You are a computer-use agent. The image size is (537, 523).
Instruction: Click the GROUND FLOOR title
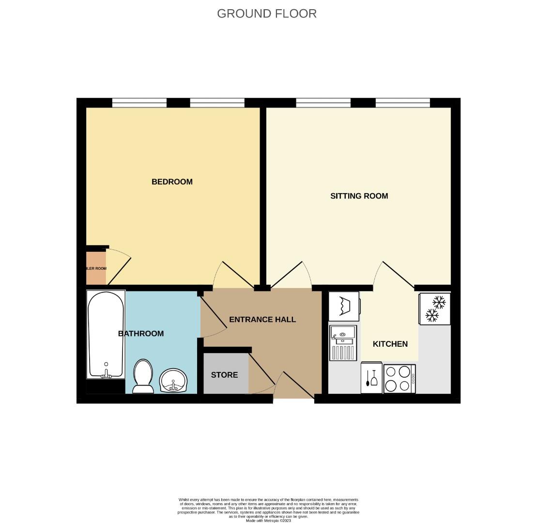(x=267, y=14)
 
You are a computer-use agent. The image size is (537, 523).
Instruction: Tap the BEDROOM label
(x=172, y=182)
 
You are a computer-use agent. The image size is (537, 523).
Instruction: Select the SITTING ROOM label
(x=359, y=196)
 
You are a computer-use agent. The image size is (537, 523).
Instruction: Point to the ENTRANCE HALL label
(x=262, y=320)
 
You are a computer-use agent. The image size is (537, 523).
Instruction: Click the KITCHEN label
(x=390, y=344)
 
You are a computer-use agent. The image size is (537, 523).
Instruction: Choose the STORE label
(x=224, y=375)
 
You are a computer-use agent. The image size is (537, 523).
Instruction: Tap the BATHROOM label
(x=141, y=334)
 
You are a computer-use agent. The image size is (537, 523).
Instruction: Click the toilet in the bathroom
(x=143, y=376)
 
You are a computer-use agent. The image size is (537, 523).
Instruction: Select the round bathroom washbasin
(x=173, y=380)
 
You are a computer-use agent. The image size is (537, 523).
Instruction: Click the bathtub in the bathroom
(x=106, y=334)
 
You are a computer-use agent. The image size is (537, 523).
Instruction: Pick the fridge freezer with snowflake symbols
(x=435, y=309)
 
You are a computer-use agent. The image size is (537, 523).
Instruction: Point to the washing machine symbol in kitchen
(x=344, y=306)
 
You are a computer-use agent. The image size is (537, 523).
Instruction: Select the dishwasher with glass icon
(x=371, y=378)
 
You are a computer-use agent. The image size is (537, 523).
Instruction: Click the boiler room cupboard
(x=96, y=268)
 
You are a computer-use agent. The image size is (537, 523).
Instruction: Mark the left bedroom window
(x=139, y=103)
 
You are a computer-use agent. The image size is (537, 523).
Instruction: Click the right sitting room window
(x=402, y=103)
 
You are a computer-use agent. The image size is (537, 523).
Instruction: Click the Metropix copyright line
(x=268, y=521)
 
